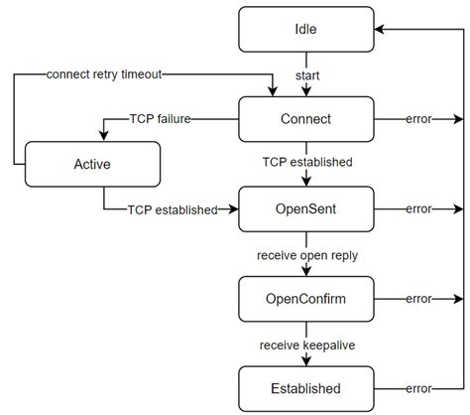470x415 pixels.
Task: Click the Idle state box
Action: tap(306, 29)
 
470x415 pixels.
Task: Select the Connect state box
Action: tap(306, 118)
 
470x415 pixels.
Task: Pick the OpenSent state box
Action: tap(306, 209)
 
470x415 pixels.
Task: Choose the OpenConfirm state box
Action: tap(306, 299)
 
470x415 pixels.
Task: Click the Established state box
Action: tap(306, 388)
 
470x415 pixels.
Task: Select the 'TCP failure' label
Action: tap(160, 118)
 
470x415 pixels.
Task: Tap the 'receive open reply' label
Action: tap(306, 255)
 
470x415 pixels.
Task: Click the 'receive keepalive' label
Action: tap(306, 345)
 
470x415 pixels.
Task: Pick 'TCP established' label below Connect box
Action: tap(306, 162)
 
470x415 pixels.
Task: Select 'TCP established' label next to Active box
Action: tap(172, 209)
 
